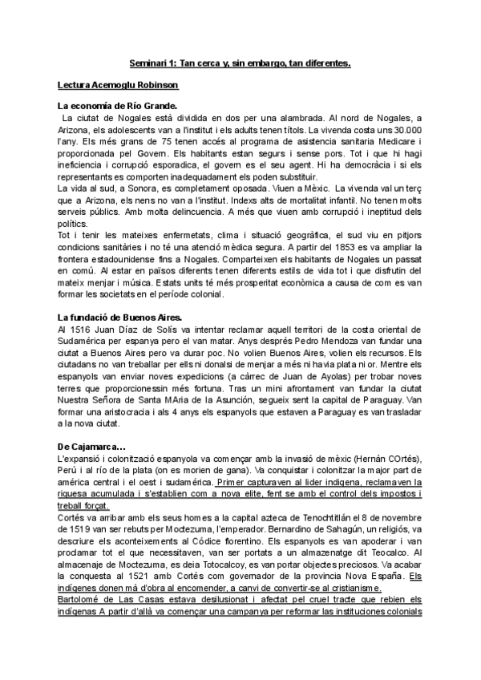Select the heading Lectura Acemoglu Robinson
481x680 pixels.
(118, 84)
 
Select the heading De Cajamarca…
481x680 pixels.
(92, 446)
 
